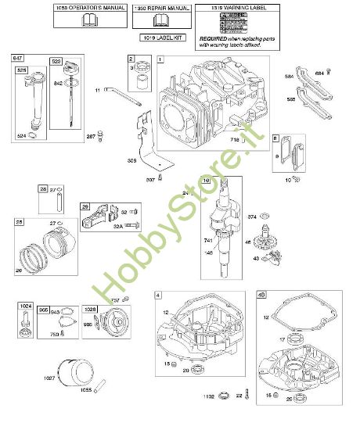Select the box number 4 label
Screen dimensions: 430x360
point(159,295)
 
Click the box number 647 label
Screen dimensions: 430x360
point(16,58)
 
